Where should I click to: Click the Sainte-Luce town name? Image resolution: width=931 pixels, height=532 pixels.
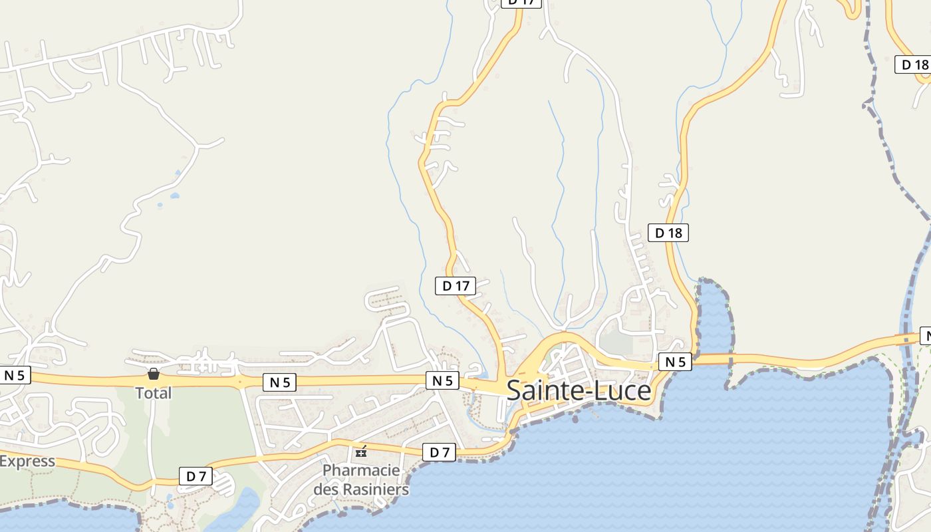coord(579,390)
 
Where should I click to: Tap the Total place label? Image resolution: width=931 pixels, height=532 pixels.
coord(154,393)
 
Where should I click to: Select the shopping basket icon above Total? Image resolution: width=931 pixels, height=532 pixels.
coord(154,374)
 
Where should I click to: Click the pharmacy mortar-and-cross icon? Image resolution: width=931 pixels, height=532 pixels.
coord(361,452)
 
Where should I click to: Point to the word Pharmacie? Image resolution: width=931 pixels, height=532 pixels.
coord(361,471)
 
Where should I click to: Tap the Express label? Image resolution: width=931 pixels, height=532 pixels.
coord(27,461)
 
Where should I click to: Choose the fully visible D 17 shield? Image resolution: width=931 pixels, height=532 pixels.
coord(456,286)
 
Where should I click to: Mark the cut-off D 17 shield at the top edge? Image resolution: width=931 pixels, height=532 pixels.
coord(521,3)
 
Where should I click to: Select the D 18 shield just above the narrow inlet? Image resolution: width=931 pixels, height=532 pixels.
coord(668,233)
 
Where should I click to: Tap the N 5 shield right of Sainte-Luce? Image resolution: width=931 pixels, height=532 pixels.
coord(675,362)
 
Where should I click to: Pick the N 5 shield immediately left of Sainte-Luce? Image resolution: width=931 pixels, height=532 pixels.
coord(442,380)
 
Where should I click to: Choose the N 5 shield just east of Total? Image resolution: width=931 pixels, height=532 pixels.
coord(279,382)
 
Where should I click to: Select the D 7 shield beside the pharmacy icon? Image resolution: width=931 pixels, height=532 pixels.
coord(440,453)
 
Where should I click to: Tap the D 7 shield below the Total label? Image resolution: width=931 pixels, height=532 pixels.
coord(196,476)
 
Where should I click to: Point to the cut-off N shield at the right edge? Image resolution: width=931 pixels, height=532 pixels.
coord(925,336)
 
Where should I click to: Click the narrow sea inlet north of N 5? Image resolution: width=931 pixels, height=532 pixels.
coord(713,319)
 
